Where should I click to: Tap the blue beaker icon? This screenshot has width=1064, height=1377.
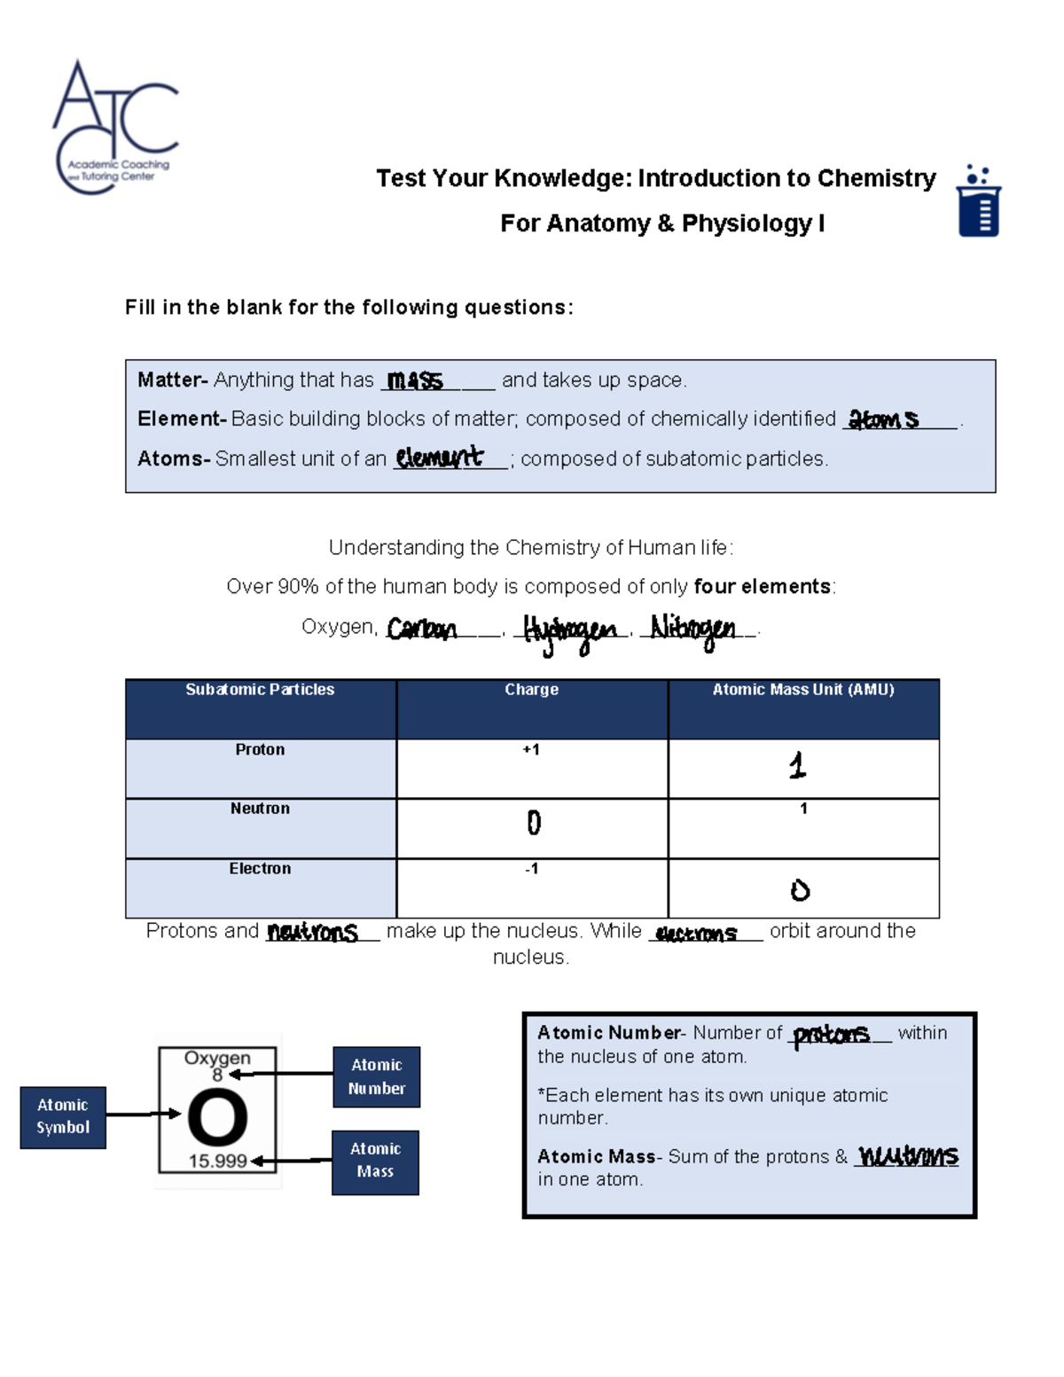click(979, 201)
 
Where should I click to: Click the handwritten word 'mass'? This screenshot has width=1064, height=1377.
click(415, 380)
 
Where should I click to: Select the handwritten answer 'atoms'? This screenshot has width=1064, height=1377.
click(883, 419)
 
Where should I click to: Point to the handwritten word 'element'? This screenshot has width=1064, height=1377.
click(440, 458)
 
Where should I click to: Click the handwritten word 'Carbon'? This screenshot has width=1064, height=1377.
click(422, 629)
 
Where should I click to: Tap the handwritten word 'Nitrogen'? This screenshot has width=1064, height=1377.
click(692, 630)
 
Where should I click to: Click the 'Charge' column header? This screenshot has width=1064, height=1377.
click(531, 690)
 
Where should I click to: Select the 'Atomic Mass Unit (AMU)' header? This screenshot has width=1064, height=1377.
click(802, 690)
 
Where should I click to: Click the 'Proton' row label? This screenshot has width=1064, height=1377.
click(260, 750)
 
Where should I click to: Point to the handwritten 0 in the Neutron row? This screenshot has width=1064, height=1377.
click(534, 823)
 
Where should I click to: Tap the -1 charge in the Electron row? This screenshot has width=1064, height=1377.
click(531, 869)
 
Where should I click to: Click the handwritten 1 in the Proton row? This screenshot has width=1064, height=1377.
click(798, 765)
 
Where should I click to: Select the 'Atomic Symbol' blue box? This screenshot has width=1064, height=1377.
click(63, 1117)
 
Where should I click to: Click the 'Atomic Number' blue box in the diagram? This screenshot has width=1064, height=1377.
click(377, 1076)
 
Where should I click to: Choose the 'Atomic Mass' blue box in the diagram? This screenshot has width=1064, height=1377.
click(375, 1162)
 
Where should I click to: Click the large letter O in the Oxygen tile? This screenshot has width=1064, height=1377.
click(217, 1117)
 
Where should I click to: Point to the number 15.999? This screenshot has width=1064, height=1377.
click(217, 1161)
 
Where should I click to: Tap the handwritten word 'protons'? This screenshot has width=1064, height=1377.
click(831, 1035)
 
